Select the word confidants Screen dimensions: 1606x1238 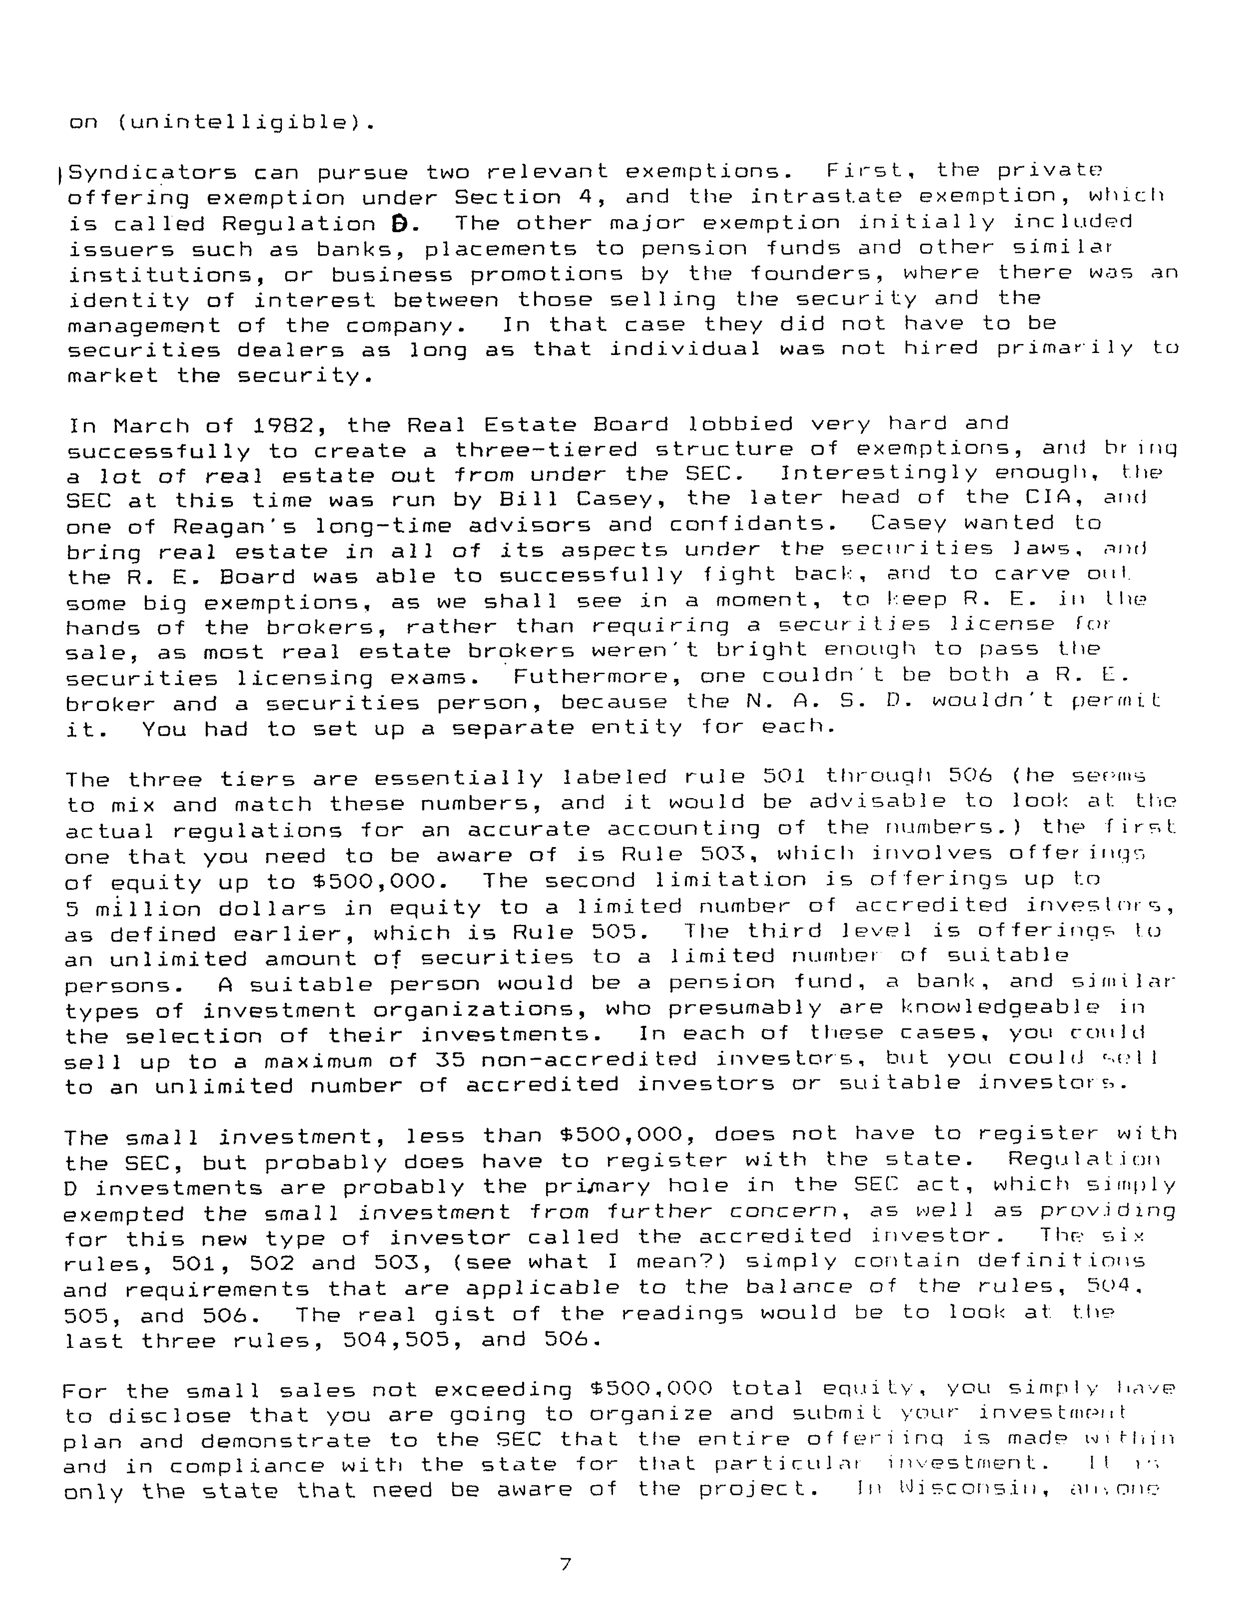tap(747, 524)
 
